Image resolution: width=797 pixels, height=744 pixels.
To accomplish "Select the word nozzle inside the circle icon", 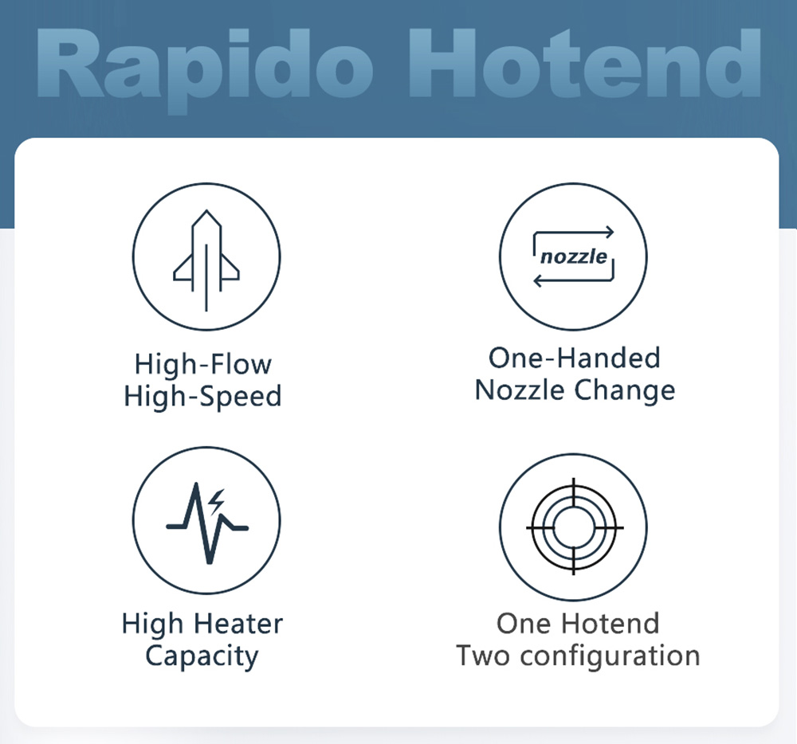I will (573, 256).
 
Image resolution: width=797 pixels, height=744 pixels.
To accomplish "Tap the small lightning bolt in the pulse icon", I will (217, 499).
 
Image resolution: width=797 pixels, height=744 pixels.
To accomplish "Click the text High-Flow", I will (202, 364).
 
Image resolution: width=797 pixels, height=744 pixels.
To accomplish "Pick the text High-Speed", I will (202, 396).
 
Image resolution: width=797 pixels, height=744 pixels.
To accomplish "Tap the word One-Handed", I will (574, 358).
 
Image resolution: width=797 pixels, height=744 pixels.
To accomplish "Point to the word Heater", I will (236, 623).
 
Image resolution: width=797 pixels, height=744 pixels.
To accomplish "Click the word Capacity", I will (202, 656).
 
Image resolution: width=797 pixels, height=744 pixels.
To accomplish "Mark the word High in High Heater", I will (151, 623).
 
